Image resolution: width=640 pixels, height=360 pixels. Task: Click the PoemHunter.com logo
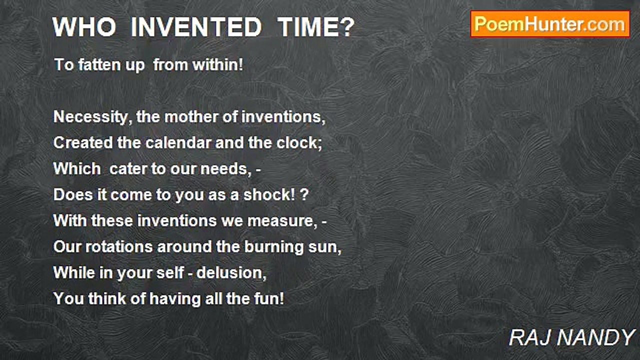(550, 24)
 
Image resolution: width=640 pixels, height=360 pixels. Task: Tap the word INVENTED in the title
(195, 27)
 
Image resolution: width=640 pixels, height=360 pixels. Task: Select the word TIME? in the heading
(316, 27)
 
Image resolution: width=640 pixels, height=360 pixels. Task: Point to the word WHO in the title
(84, 27)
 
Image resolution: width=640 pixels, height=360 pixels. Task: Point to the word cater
(127, 169)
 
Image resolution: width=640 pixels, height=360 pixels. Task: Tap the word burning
(273, 247)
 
